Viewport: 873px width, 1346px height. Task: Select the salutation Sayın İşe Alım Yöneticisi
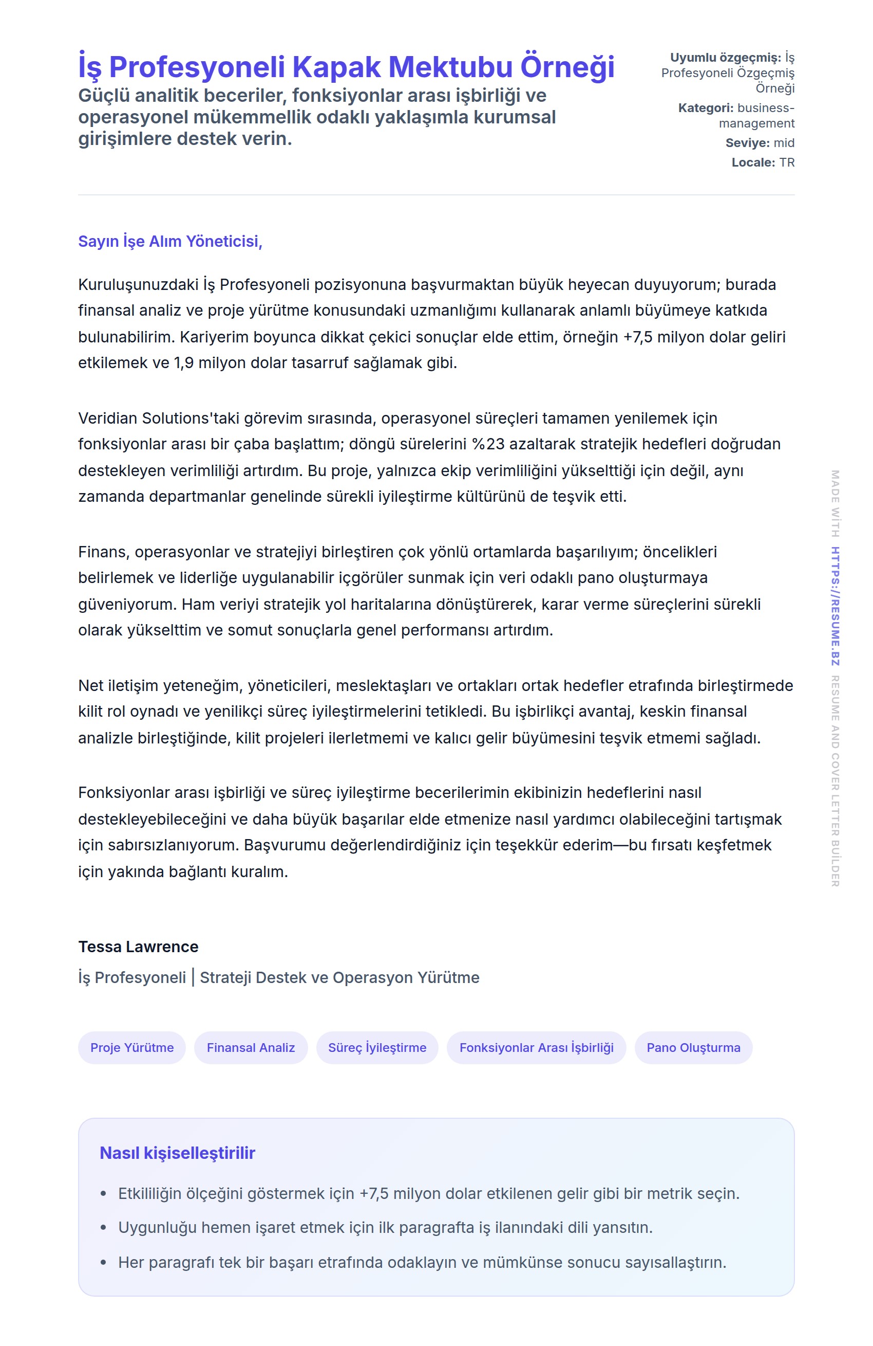pos(169,242)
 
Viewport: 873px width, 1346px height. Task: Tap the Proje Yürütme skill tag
pos(131,1047)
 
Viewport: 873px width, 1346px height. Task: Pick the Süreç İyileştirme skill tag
pos(377,1047)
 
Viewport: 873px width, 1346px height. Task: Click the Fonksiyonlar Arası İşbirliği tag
pos(536,1047)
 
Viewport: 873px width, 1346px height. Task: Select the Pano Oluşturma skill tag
pos(693,1047)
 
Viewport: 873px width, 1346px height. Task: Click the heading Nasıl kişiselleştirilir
pos(178,1153)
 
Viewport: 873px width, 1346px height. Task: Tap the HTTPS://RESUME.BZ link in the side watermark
pos(834,606)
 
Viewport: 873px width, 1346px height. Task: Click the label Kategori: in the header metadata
pos(705,108)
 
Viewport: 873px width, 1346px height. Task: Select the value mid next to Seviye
pos(784,143)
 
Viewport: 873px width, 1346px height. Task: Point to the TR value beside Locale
pos(787,163)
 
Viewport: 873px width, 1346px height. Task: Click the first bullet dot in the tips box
pos(103,1194)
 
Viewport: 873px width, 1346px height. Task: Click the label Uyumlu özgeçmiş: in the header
pos(725,58)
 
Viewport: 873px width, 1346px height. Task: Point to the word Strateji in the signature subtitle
pos(225,978)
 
